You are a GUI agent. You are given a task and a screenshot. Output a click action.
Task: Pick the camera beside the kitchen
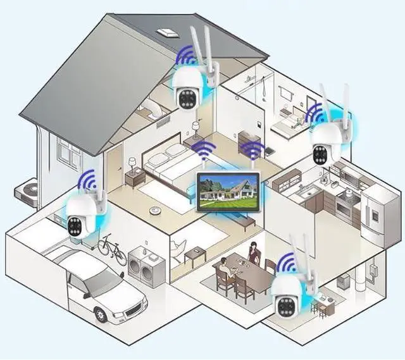pyautogui.click(x=327, y=141)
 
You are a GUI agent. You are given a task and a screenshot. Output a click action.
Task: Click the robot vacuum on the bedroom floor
pyautogui.click(x=153, y=209)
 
